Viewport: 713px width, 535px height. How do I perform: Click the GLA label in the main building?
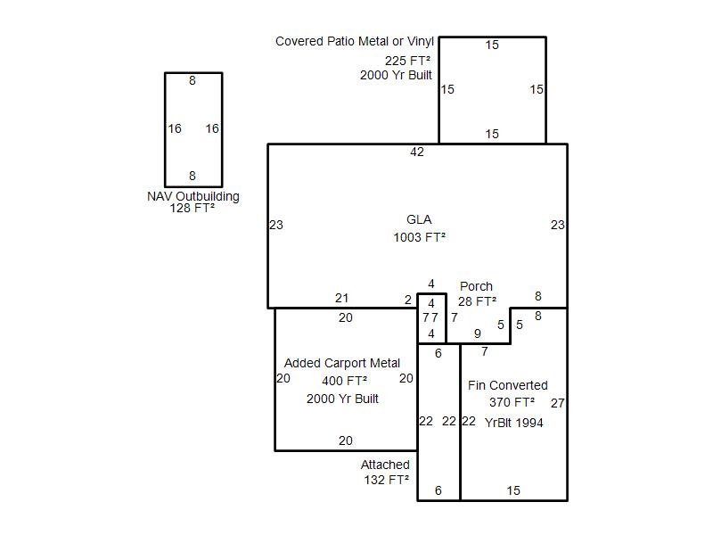click(x=419, y=219)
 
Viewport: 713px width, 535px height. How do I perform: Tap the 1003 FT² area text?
click(x=419, y=237)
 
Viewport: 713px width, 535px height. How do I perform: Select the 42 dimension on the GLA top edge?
click(x=417, y=152)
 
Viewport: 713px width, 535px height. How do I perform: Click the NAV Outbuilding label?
click(x=193, y=196)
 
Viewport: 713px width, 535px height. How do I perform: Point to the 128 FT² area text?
click(x=193, y=209)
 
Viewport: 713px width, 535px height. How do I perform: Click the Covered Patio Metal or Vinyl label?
click(x=355, y=41)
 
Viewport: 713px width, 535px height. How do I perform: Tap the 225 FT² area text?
click(x=407, y=61)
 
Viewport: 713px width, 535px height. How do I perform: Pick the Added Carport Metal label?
click(x=342, y=363)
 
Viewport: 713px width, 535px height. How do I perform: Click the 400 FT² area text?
click(x=344, y=381)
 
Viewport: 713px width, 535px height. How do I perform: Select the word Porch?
click(x=476, y=286)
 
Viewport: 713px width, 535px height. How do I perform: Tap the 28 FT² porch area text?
click(x=477, y=301)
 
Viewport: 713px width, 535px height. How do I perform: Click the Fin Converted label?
click(x=507, y=385)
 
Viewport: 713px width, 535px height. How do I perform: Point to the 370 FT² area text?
click(x=512, y=403)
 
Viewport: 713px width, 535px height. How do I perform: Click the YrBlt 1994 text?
click(x=514, y=423)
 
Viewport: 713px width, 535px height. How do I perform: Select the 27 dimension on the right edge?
click(x=558, y=403)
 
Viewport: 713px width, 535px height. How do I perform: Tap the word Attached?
click(x=385, y=465)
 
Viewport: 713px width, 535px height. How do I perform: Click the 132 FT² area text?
click(x=387, y=480)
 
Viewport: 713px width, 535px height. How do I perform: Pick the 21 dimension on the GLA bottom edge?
click(x=342, y=298)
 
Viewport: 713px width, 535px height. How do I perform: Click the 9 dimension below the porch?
click(x=478, y=333)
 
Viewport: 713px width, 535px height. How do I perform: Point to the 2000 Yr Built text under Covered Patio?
click(x=396, y=75)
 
